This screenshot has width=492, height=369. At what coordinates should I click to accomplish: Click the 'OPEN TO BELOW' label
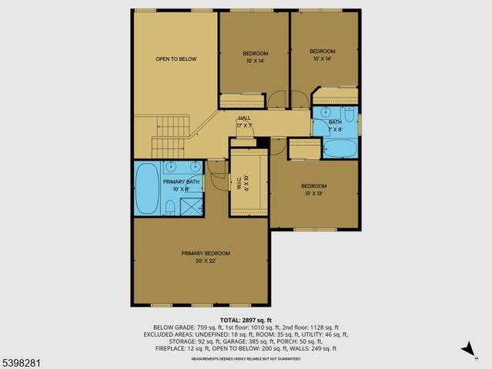coord(173,58)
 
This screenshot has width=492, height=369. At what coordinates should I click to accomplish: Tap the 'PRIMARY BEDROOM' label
coord(206,253)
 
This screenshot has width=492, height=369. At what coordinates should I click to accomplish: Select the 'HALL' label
coord(244,118)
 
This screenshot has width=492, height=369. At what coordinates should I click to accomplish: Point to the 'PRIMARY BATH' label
coord(181,181)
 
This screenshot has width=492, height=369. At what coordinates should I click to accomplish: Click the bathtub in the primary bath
coord(146,189)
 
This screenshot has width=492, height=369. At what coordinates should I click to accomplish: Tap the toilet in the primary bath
coord(169,206)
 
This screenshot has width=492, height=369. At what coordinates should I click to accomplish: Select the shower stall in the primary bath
coord(190,205)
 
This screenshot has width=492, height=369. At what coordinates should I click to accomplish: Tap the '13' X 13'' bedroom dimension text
coord(314,194)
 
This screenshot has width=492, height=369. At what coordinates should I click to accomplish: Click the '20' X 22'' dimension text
coord(206,261)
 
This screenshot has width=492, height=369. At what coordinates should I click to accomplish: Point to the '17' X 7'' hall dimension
coord(244,125)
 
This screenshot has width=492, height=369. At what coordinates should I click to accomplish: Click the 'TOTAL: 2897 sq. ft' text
coord(246,320)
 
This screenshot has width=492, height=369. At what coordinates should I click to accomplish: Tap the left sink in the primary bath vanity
coord(169,165)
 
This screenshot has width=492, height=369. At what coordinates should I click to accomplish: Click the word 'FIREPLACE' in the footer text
coord(167,348)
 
